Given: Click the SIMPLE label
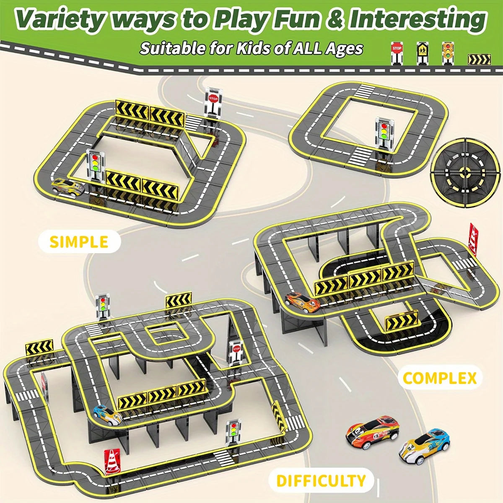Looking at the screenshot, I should (79, 242).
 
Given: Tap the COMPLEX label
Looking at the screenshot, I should (439, 378).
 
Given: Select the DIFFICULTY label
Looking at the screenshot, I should (321, 480).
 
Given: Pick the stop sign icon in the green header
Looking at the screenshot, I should (397, 52).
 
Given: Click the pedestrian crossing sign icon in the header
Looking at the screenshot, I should (421, 52).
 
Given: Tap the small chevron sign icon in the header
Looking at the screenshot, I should (477, 60).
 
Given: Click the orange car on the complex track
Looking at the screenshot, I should (302, 301).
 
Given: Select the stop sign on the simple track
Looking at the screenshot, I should (213, 102).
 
